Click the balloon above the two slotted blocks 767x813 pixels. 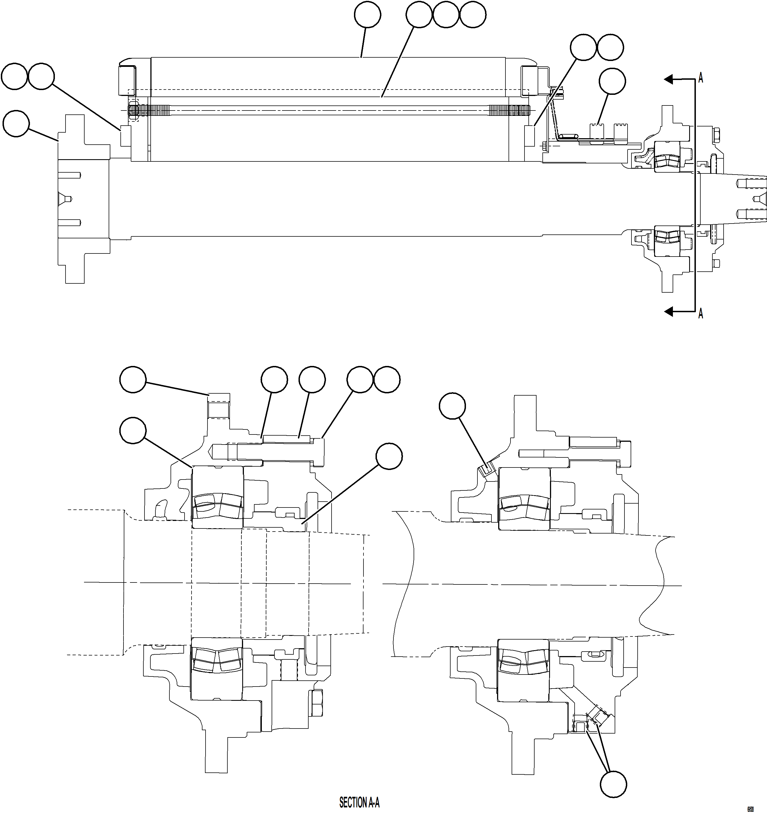612,81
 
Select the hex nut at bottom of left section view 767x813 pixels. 317,703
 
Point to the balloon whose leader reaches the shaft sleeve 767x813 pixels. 389,456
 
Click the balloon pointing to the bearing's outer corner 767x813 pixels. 133,430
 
